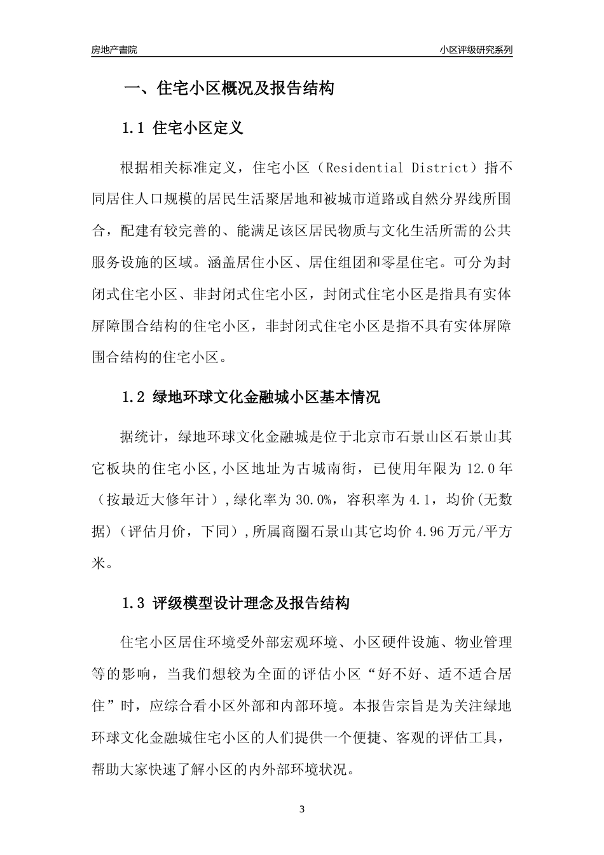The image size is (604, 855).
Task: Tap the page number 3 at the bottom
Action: click(302, 810)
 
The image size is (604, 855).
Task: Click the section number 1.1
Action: click(134, 129)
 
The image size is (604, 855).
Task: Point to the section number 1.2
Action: click(134, 398)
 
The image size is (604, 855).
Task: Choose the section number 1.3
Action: click(134, 603)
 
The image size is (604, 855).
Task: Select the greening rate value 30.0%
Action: click(313, 500)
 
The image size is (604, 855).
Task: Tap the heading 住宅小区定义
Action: click(198, 129)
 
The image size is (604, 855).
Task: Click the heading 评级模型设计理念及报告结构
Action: click(251, 603)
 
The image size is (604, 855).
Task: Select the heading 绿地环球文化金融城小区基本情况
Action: click(266, 398)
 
